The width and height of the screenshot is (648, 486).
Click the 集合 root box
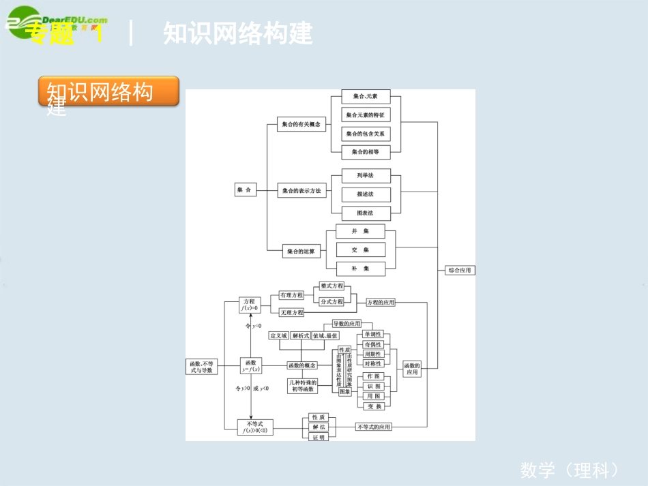click(245, 191)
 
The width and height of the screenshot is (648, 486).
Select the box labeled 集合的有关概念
click(301, 125)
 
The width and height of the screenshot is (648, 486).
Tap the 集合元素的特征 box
click(365, 115)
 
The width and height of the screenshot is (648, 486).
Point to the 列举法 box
click(365, 176)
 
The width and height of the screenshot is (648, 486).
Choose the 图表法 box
click(365, 213)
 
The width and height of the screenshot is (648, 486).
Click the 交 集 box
click(361, 250)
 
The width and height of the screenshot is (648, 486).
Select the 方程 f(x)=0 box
click(250, 305)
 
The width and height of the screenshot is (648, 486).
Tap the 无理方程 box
click(291, 312)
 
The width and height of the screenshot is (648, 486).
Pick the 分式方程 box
click(332, 301)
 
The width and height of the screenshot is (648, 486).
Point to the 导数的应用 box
click(347, 324)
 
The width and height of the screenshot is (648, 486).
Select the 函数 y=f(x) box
click(250, 366)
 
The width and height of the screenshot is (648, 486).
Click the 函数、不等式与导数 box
click(203, 367)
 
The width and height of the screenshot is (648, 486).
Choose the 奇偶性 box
click(373, 344)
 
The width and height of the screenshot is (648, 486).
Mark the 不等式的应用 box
click(374, 427)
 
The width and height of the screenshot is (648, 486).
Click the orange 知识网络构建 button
click(108, 91)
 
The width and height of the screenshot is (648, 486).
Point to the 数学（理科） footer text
click(570, 470)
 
